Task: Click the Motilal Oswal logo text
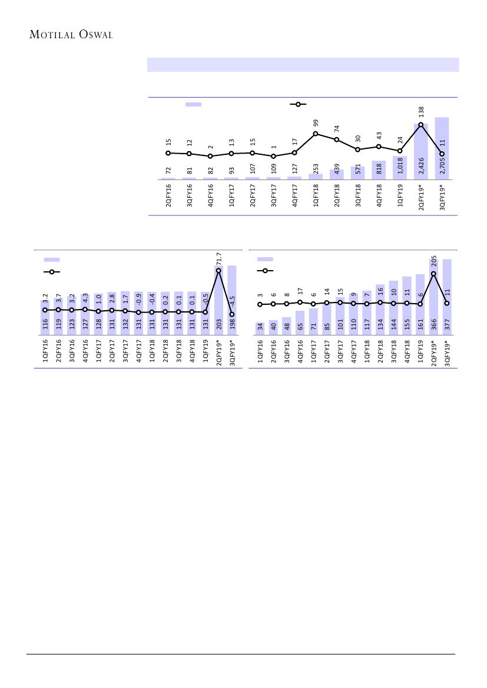point(71,34)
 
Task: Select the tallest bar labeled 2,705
point(442,148)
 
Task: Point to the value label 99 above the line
point(316,123)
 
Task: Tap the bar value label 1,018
point(400,167)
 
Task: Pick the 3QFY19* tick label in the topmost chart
point(442,197)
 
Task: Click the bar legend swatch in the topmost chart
point(193,104)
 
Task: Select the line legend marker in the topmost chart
point(298,104)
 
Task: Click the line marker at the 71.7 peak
point(218,271)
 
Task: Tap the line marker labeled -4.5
point(232,314)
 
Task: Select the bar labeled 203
point(218,300)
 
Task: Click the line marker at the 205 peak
point(433,274)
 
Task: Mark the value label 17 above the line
point(300,291)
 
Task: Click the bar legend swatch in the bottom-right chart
point(265,259)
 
